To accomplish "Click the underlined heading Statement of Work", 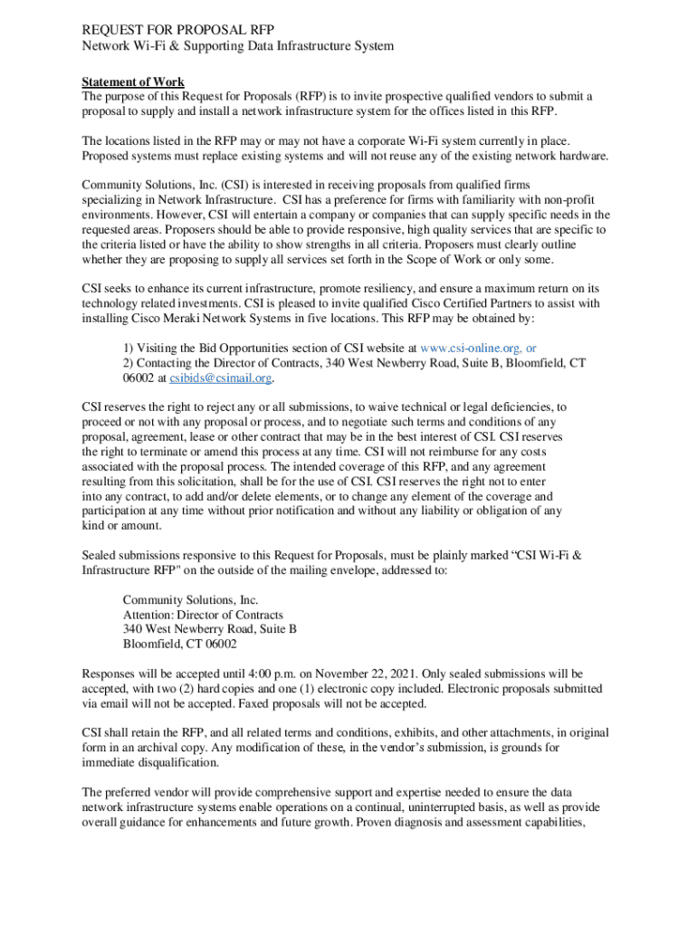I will point(133,82).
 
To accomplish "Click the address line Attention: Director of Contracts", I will point(203,615).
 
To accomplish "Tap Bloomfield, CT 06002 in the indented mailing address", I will point(180,644).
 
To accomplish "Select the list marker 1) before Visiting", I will point(129,348).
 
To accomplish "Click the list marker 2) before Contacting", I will point(129,363).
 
